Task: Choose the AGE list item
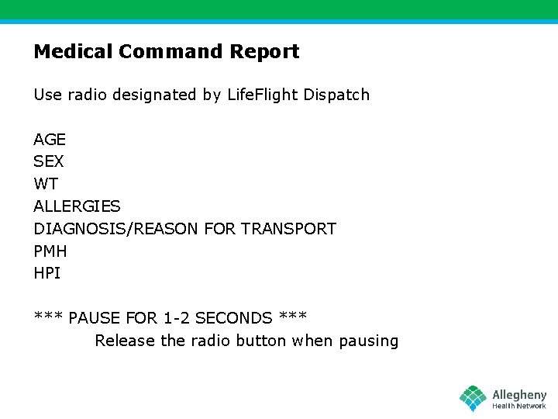pos(50,140)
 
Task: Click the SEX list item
pos(49,162)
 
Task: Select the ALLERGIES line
pos(77,206)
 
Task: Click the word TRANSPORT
pos(288,229)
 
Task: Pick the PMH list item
pos(50,251)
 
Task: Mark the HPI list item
pos(46,273)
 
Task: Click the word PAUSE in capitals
pos(95,318)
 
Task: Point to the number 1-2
pos(177,318)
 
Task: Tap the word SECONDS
pos(234,318)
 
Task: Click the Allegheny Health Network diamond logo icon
pos(473,398)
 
